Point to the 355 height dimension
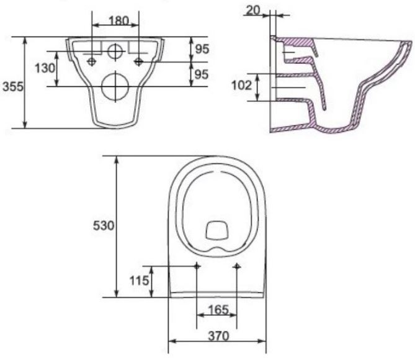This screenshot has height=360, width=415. pyautogui.click(x=12, y=86)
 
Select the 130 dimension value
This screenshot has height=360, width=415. pyautogui.click(x=45, y=67)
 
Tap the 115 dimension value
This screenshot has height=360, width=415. pyautogui.click(x=138, y=281)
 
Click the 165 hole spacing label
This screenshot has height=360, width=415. pyautogui.click(x=216, y=308)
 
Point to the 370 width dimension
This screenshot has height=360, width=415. pyautogui.click(x=218, y=336)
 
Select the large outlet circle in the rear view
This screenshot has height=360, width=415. pyautogui.click(x=114, y=86)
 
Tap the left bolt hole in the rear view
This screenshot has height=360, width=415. pyautogui.click(x=92, y=61)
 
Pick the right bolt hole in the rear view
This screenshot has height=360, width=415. pyautogui.click(x=138, y=61)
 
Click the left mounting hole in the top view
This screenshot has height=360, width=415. pyautogui.click(x=197, y=266)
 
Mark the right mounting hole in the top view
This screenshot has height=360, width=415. pyautogui.click(x=237, y=266)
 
